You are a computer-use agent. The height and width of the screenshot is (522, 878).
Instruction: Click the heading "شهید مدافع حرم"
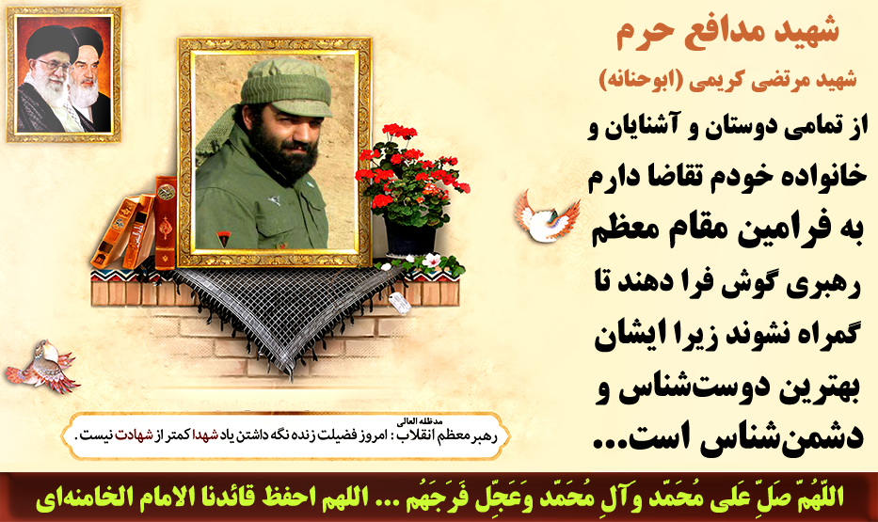click(727, 32)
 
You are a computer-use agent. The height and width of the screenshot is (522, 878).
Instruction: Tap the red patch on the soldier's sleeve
click(223, 239)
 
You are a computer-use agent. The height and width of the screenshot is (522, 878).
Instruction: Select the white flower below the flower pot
click(431, 261)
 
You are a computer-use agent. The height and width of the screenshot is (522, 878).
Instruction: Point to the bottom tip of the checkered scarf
click(291, 378)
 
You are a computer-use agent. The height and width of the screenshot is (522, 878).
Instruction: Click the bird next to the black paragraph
click(547, 216)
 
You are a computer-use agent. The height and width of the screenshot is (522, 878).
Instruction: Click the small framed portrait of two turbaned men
click(64, 74)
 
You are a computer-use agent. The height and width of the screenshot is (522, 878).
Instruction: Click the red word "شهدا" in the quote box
click(205, 435)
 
